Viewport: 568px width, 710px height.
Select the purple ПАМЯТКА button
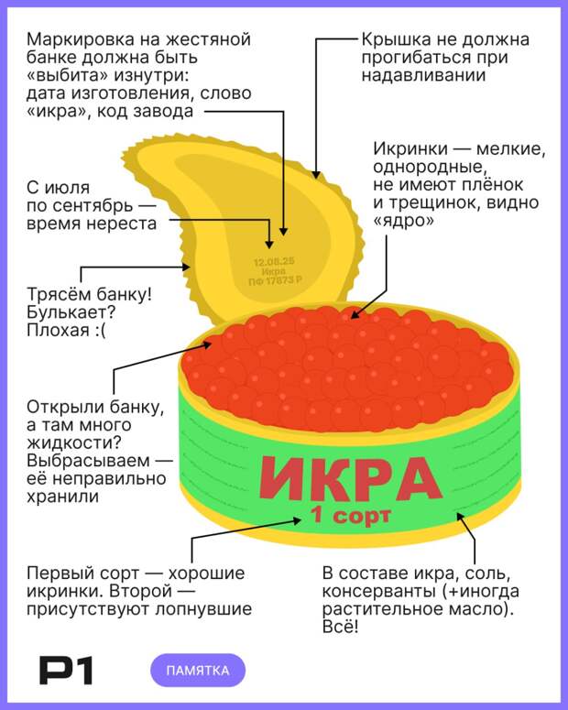(x=198, y=671)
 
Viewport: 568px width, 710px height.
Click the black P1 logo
(x=66, y=671)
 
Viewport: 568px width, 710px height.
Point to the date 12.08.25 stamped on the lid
(x=274, y=262)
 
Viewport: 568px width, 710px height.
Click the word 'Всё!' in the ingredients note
(x=340, y=627)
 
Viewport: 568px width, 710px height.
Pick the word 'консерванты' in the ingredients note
(x=377, y=591)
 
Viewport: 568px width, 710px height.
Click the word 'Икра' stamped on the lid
(x=274, y=272)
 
